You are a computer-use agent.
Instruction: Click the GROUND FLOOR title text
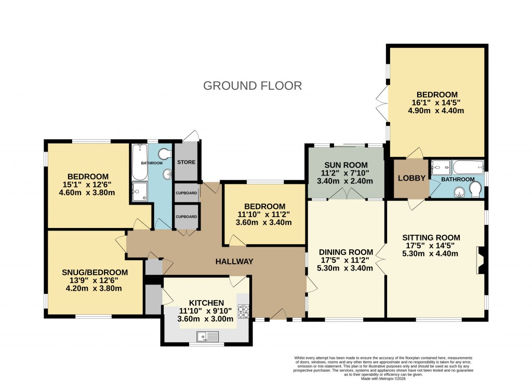pos(252,86)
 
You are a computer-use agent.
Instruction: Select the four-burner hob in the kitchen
pos(244,311)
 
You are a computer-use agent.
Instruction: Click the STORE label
pos(186,162)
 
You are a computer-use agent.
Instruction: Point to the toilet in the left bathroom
pos(166,154)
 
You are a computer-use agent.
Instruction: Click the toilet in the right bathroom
pos(474,193)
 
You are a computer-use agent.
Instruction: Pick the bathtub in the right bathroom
pos(468,168)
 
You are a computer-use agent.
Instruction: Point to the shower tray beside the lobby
pos(441,168)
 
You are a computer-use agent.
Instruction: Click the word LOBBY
pos(411,178)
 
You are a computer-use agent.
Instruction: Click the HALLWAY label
pos(234,261)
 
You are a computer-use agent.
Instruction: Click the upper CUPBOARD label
pos(186,193)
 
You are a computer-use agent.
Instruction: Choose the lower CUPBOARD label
pos(186,217)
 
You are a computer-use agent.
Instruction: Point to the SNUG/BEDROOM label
pos(95,272)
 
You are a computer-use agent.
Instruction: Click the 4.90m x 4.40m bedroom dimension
pos(436,111)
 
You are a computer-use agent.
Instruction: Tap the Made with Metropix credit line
pos(384,378)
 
